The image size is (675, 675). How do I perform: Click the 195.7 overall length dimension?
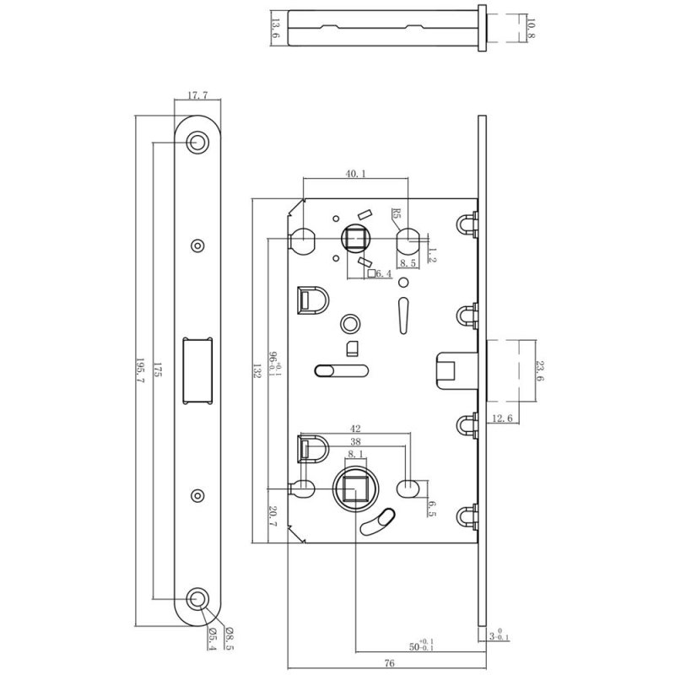[x=141, y=370]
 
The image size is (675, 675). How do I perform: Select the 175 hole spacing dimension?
[x=158, y=370]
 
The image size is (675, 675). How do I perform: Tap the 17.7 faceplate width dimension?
[x=197, y=94]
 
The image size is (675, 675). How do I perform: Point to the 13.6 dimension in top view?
[x=276, y=29]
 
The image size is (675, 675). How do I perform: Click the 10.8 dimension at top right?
[x=531, y=28]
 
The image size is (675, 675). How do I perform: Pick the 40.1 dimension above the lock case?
[x=355, y=174]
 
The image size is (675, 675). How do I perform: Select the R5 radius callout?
[x=396, y=214]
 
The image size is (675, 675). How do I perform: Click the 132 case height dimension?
[x=257, y=370]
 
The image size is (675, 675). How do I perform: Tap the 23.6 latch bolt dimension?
[x=540, y=371]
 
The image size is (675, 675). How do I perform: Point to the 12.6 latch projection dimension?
[x=502, y=418]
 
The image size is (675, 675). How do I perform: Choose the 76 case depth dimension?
[x=389, y=663]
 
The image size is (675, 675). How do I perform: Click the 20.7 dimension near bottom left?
[x=273, y=516]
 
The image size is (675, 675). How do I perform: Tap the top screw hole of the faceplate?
[x=197, y=142]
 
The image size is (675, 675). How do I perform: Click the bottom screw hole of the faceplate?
[x=197, y=598]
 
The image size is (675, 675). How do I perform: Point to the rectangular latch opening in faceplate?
[x=198, y=370]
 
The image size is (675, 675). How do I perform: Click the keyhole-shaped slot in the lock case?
[x=403, y=315]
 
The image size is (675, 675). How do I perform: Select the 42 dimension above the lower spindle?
[x=355, y=429]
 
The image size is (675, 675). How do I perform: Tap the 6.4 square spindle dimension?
[x=384, y=273]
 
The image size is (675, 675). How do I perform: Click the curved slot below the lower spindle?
[x=378, y=521]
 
